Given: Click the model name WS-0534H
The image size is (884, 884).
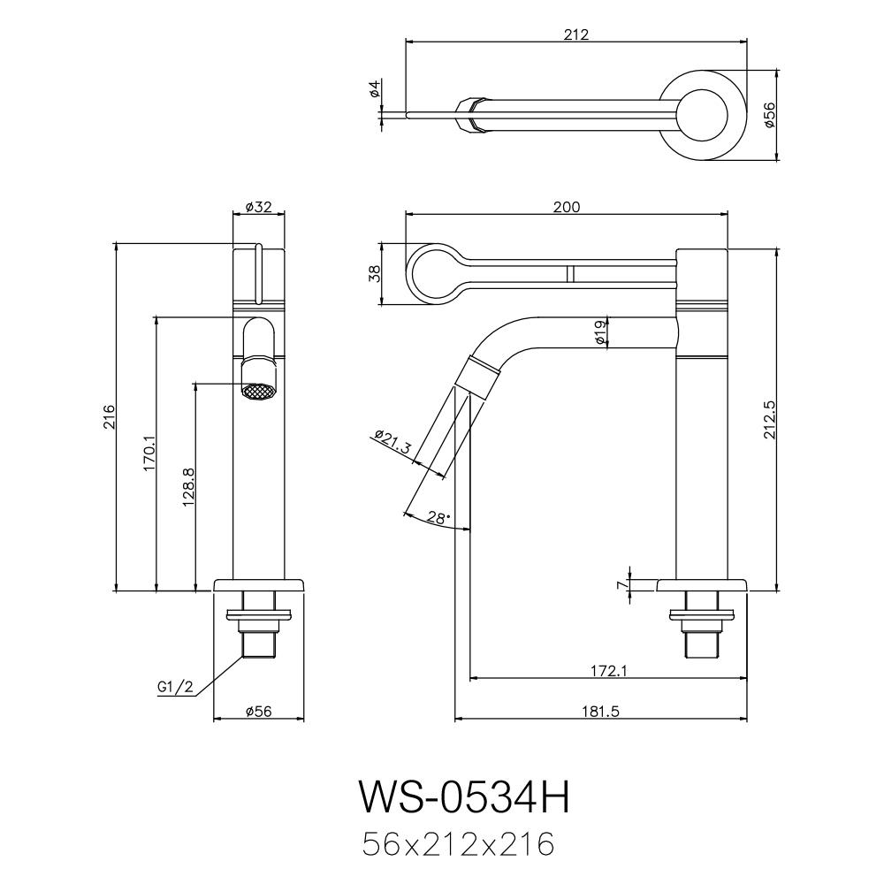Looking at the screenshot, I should pyautogui.click(x=464, y=796).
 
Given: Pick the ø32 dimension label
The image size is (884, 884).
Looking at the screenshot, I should pyautogui.click(x=258, y=207).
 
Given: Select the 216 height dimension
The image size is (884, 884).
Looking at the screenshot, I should pyautogui.click(x=109, y=415).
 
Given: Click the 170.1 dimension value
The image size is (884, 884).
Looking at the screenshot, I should pyautogui.click(x=149, y=453).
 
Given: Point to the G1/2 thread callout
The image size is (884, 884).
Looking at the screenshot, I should pyautogui.click(x=174, y=686).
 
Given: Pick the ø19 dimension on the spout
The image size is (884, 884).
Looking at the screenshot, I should pyautogui.click(x=599, y=332).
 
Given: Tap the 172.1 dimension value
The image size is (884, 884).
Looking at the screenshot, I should pyautogui.click(x=607, y=672).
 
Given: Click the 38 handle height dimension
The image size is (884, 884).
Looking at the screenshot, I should pyautogui.click(x=374, y=274).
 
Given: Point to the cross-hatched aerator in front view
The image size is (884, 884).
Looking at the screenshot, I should pyautogui.click(x=258, y=390).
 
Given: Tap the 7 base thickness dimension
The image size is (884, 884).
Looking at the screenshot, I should pyautogui.click(x=622, y=583).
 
